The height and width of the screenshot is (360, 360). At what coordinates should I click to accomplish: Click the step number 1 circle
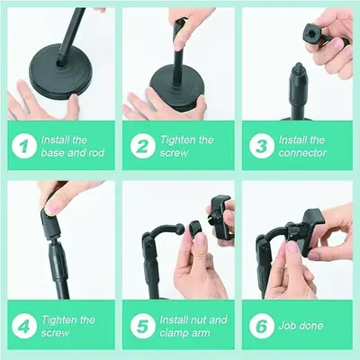point(24,146)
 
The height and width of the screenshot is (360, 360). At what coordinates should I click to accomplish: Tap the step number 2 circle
point(143,146)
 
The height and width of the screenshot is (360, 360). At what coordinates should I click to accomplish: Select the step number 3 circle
point(262,146)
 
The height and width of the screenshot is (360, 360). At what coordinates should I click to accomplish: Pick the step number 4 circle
point(24,326)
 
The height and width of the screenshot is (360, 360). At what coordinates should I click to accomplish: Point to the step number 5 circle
point(143,326)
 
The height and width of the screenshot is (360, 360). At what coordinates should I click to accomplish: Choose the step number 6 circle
point(262,326)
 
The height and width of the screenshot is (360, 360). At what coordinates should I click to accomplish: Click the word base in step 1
point(53,153)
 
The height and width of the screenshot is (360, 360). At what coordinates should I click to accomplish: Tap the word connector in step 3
point(302,153)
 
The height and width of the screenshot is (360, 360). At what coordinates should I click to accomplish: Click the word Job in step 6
point(286,326)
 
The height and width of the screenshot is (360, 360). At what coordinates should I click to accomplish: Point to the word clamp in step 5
point(174,333)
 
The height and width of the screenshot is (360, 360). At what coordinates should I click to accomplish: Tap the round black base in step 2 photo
point(177,90)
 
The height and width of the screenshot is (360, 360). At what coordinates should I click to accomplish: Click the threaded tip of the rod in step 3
point(298,66)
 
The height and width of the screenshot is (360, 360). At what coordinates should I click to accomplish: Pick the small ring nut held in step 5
point(195,229)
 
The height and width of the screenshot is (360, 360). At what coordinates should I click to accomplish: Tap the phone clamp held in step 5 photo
point(220,217)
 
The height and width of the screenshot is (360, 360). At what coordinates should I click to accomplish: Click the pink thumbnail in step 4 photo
point(52,208)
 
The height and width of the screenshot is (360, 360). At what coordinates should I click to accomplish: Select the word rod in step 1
point(96,153)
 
